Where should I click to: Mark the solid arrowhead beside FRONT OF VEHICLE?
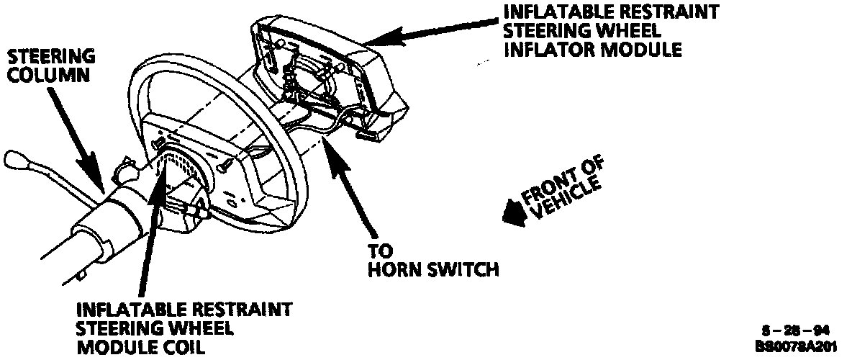(x=512, y=212)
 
